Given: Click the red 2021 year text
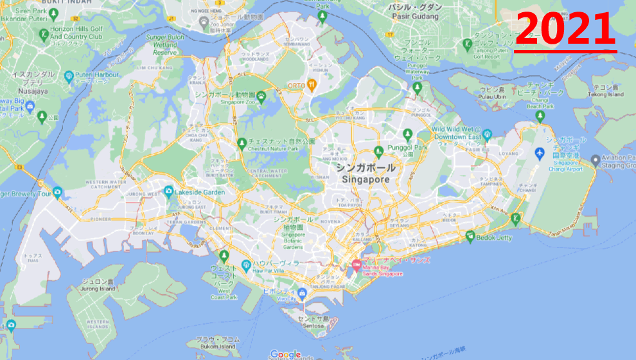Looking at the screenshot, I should click(565, 29).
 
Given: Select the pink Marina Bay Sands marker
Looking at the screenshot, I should click(356, 265).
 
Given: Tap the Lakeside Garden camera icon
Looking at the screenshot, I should click(168, 192).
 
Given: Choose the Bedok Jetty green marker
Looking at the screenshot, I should click(470, 236).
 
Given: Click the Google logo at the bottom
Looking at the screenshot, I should click(285, 354).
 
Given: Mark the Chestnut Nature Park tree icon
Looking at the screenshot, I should click(242, 142).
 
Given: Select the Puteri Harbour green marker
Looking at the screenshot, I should click(70, 76).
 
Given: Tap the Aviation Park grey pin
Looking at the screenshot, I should click(596, 159).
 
